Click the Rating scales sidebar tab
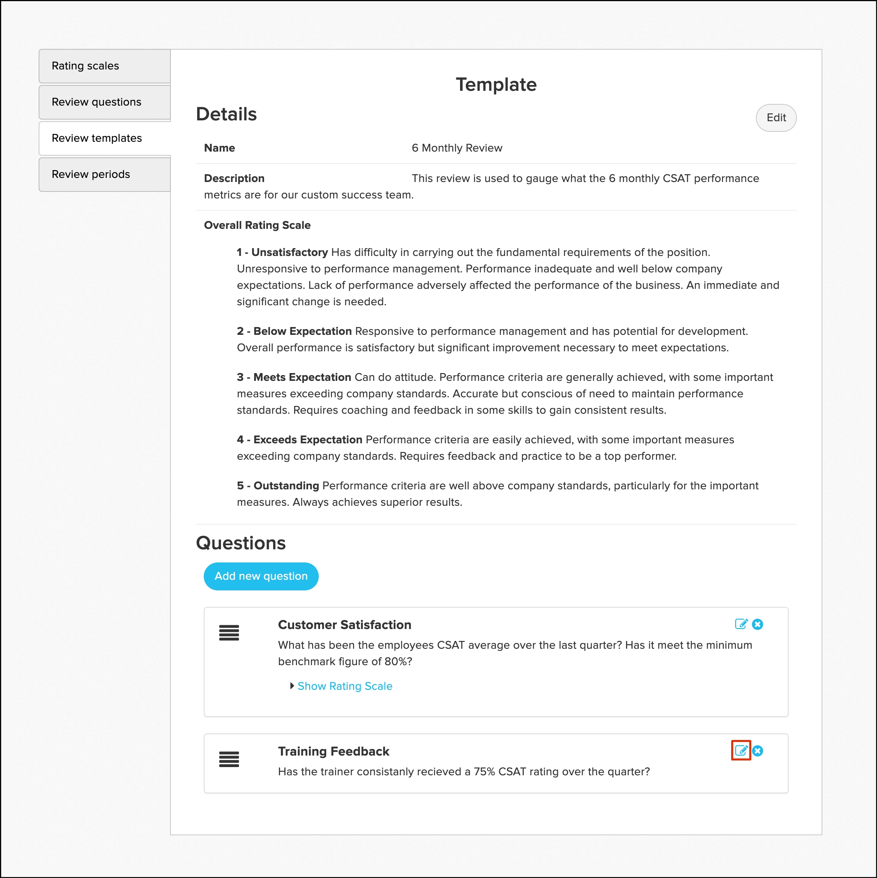point(104,66)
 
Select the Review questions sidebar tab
point(104,102)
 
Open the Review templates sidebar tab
point(104,138)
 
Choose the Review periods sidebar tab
point(104,175)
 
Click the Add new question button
point(261,576)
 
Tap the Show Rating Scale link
point(345,686)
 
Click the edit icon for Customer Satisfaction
point(741,625)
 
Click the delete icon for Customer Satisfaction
point(757,625)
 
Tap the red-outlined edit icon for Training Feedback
point(741,750)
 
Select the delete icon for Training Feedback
point(757,751)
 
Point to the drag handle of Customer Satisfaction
point(229,633)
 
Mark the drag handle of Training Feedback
point(229,759)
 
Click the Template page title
point(496,85)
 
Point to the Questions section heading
point(241,543)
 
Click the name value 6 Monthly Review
point(457,148)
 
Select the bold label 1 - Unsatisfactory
point(282,253)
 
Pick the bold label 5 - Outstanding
point(278,486)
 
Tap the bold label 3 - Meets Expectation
point(294,377)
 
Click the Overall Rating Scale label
point(257,226)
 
